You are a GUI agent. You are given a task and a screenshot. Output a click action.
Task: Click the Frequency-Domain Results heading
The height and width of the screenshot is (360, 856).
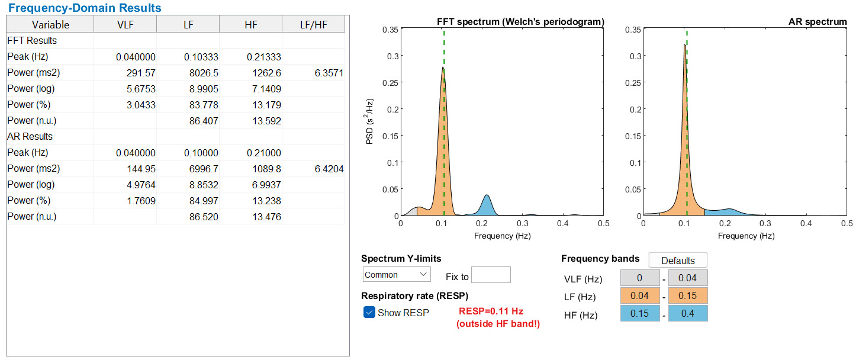click(85, 8)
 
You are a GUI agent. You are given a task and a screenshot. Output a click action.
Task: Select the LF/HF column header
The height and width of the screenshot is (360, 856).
click(313, 24)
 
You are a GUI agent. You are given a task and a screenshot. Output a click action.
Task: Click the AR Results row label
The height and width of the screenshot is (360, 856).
click(30, 137)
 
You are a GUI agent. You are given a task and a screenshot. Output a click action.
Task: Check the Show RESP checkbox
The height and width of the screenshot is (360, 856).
click(369, 313)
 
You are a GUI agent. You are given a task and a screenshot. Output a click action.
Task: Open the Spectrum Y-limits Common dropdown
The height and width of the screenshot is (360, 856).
click(396, 275)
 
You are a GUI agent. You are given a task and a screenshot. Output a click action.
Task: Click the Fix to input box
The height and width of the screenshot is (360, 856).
click(491, 275)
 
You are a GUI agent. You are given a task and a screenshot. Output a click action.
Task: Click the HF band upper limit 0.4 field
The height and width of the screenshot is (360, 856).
click(687, 314)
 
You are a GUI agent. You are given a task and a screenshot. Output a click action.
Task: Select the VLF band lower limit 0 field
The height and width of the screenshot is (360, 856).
click(639, 278)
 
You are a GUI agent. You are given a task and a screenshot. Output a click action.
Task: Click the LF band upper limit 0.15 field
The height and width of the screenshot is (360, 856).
click(687, 296)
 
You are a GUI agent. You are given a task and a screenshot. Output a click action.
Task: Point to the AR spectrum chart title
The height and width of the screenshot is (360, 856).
click(817, 21)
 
